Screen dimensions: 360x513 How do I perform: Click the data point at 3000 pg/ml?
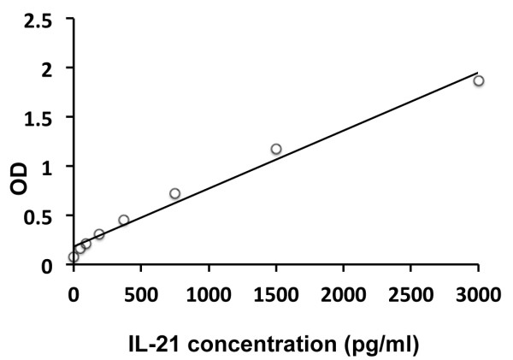click(x=479, y=80)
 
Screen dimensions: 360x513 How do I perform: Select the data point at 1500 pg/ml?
click(x=276, y=149)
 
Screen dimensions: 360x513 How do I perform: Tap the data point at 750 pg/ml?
click(x=174, y=193)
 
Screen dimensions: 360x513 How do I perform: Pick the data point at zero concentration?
click(x=74, y=257)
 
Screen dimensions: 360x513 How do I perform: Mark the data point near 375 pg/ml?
click(x=124, y=220)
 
